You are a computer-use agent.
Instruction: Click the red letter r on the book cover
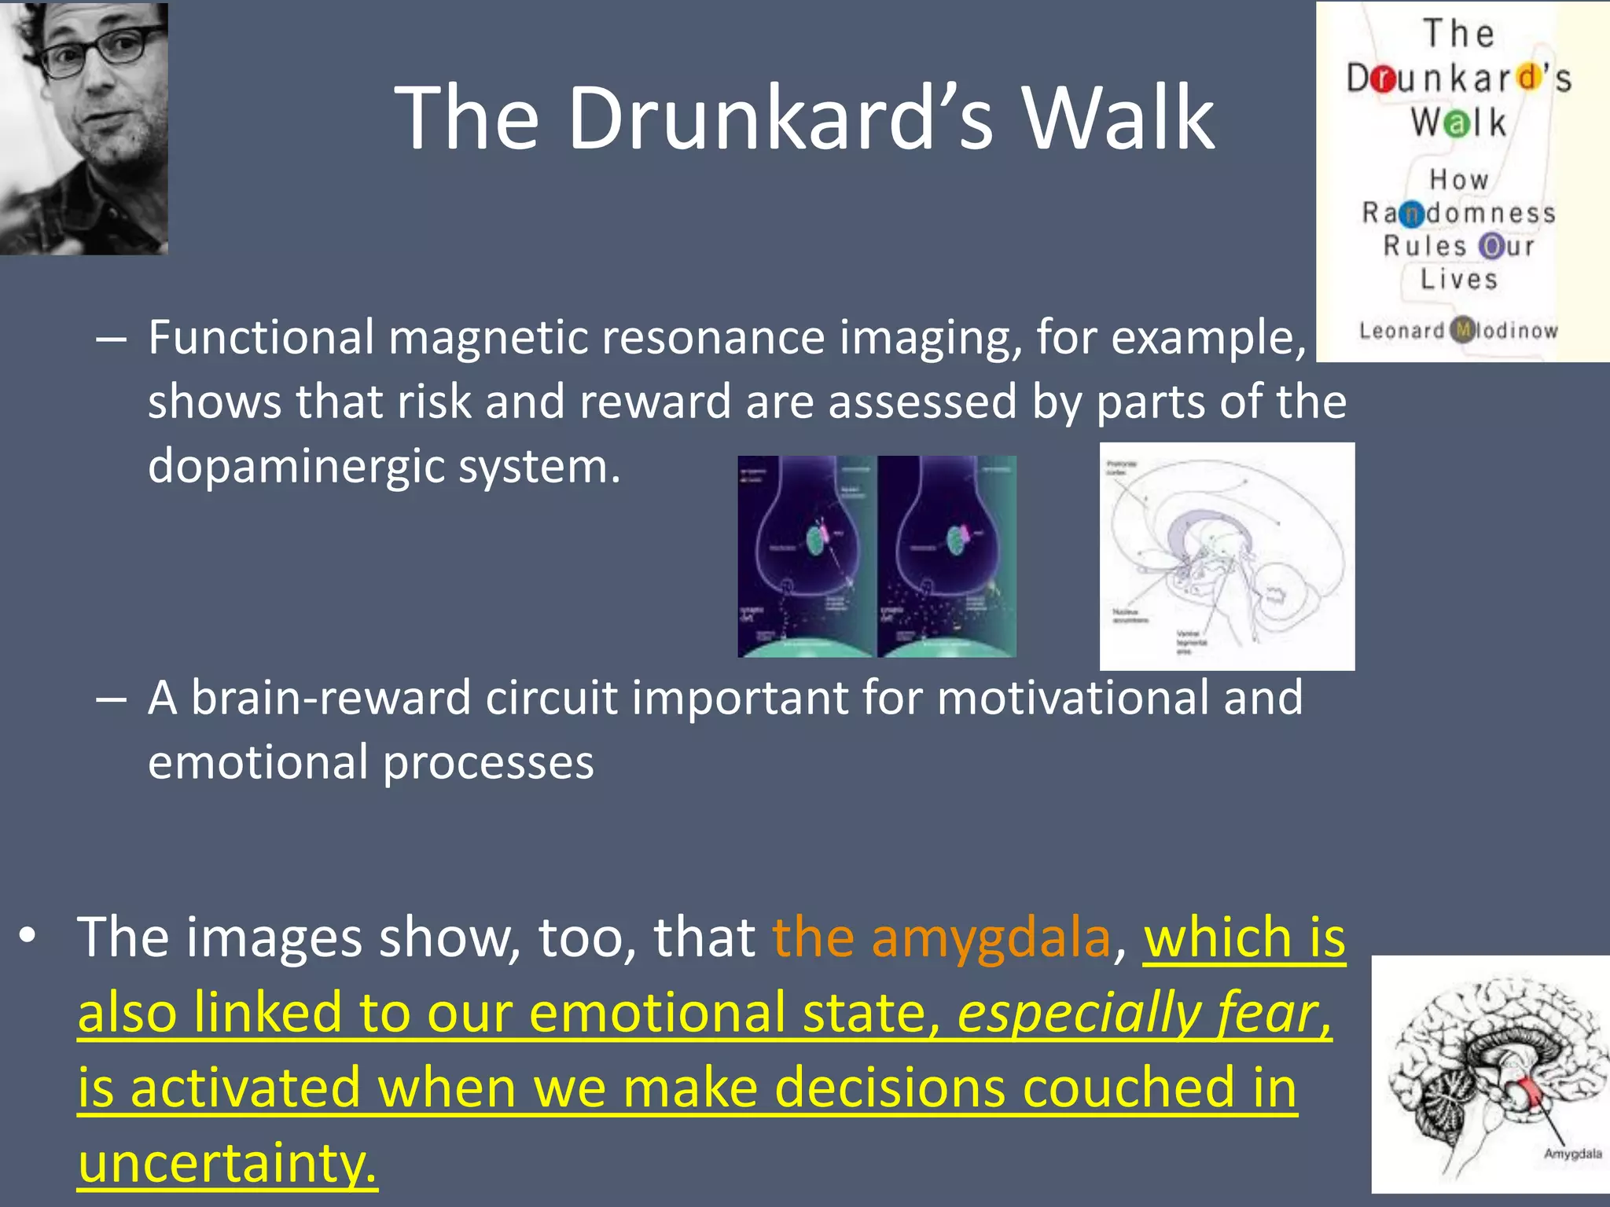tap(1384, 79)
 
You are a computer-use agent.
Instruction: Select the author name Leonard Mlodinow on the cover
tap(1458, 330)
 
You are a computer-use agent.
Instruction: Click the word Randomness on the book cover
tap(1458, 213)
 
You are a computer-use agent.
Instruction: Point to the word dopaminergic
tap(296, 467)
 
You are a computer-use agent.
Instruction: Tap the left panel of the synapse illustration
tap(806, 556)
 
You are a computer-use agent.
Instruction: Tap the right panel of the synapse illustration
tap(947, 556)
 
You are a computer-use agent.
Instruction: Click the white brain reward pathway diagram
tap(1226, 556)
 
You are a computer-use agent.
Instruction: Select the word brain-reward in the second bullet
tap(330, 698)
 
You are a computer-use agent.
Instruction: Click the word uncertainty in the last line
tap(228, 1164)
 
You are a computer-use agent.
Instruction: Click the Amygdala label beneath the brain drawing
tap(1572, 1154)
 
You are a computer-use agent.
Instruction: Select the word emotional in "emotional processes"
tap(258, 763)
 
